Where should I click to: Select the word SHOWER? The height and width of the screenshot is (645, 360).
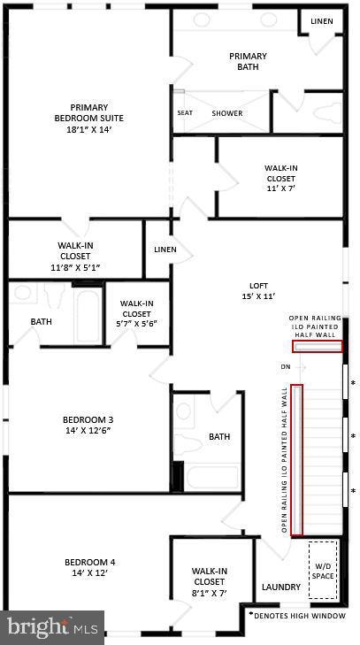click(227, 113)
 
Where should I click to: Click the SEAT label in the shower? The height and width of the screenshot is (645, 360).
click(185, 113)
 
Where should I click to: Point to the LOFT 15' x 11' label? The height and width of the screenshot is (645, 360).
click(257, 291)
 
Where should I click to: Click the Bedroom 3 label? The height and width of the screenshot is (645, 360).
click(87, 426)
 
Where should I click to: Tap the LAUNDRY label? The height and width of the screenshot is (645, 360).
click(280, 587)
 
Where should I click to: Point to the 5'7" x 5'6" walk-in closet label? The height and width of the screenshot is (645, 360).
click(136, 313)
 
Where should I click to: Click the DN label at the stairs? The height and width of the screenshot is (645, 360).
click(285, 366)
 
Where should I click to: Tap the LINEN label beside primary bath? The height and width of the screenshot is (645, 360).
click(323, 20)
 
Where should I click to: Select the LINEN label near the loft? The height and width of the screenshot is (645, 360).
click(165, 250)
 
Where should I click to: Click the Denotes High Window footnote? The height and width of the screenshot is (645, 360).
click(296, 614)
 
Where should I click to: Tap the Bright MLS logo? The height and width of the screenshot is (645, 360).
click(52, 627)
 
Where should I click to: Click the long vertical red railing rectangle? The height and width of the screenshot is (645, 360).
click(297, 460)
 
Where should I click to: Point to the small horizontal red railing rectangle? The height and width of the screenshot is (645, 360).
click(318, 347)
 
